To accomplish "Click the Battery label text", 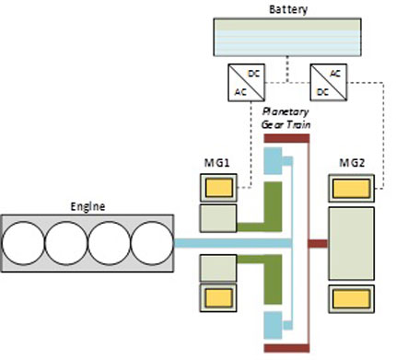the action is pos(288,9).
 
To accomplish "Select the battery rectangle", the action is pos(287,37).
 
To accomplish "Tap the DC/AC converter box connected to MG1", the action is pos(246,82).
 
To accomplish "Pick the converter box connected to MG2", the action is pos(329,82).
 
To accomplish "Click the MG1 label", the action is pos(216,163).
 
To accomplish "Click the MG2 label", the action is pos(352,163).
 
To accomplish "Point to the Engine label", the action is pos(87,206).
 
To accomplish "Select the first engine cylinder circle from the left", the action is pos(23,243).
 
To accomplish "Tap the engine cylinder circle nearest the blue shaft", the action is pos(152,243).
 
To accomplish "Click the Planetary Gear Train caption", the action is pos(285,118).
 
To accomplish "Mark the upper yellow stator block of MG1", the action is pos(218,188).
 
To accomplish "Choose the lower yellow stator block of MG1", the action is pos(218,298).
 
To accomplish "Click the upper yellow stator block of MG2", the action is pos(351,188).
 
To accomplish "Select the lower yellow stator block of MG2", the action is pos(351,299).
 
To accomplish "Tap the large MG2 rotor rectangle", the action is pos(351,243).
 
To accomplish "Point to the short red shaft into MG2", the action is pos(318,244).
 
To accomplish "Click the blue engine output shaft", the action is pos(233,243).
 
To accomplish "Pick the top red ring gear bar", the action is pos(286,138).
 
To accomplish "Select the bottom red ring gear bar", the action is pos(286,348).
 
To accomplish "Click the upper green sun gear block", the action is pos(273,206).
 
